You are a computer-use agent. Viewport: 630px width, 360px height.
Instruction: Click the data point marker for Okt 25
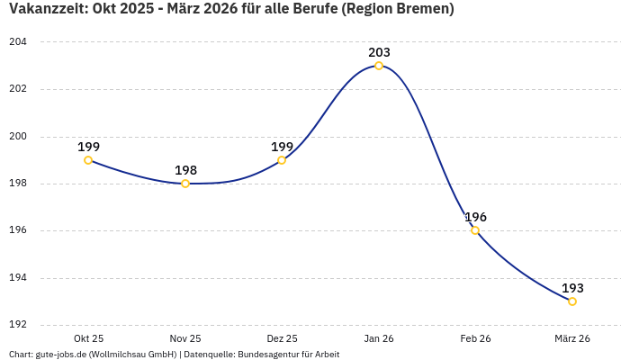coord(88,160)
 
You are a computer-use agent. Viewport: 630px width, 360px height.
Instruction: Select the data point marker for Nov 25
coord(185,184)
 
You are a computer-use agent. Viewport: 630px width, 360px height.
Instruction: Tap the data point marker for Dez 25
coord(282,160)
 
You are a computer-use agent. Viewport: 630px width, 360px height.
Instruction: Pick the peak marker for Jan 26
coord(379,66)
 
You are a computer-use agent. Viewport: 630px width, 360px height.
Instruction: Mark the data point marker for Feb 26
coord(475,230)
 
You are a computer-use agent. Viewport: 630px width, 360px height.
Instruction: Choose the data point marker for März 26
coord(572,301)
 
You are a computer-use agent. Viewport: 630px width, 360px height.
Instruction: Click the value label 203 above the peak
coord(379,52)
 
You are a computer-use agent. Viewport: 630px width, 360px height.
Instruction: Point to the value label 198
coord(185,170)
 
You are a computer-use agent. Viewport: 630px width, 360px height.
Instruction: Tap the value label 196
coord(475,217)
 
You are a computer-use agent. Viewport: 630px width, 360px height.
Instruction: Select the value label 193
coord(572,288)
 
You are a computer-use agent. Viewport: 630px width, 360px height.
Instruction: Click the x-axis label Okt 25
coord(88,338)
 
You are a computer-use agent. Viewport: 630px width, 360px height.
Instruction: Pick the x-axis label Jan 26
coord(379,338)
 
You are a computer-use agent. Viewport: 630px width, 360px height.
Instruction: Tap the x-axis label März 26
coord(572,338)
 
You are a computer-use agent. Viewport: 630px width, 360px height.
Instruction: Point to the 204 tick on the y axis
coord(18,42)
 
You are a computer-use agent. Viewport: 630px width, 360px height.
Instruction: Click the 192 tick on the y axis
coord(18,325)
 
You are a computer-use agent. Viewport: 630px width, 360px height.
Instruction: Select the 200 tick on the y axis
coord(18,137)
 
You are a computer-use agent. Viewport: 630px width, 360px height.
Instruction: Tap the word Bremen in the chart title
coord(424,10)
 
